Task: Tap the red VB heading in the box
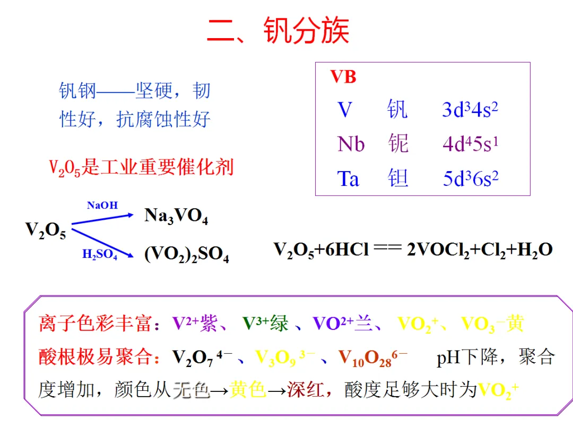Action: point(343,77)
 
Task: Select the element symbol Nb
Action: point(351,144)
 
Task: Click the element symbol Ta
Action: point(348,178)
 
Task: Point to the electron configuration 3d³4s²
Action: point(470,110)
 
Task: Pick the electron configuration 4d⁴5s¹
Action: point(470,144)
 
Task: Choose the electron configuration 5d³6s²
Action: point(471,178)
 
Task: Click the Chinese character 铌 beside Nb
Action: point(398,144)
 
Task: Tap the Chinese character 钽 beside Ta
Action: point(398,178)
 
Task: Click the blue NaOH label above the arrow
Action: point(102,205)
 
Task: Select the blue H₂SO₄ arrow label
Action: point(100,255)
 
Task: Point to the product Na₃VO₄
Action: point(176,217)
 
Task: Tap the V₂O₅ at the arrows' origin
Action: point(46,231)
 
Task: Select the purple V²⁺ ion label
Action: point(185,323)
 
